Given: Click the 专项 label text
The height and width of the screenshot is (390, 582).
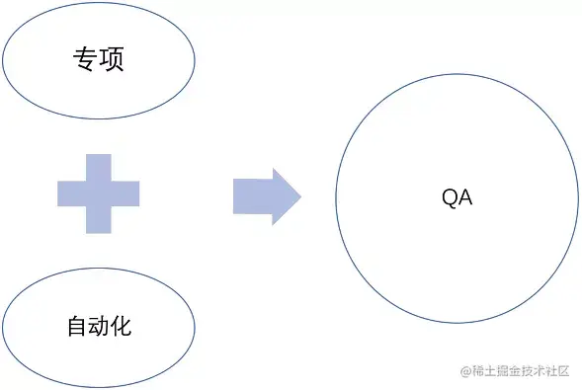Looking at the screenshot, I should (x=98, y=60).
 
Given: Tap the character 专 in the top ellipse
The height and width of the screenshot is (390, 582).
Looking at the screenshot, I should (x=85, y=60).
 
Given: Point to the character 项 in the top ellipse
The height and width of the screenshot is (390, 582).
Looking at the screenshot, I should (x=111, y=60).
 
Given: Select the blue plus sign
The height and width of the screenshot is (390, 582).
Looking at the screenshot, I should (x=98, y=194).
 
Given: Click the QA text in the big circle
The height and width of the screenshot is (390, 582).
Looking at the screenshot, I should (x=457, y=197).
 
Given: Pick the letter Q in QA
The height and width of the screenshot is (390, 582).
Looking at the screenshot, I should (x=450, y=197).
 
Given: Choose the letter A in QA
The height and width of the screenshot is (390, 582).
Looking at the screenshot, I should (x=465, y=197).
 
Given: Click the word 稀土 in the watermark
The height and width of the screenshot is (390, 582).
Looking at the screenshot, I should (x=481, y=371).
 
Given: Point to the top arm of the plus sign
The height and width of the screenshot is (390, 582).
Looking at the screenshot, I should (x=98, y=166).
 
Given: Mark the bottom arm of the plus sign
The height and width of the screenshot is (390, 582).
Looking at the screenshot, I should (x=98, y=221).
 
